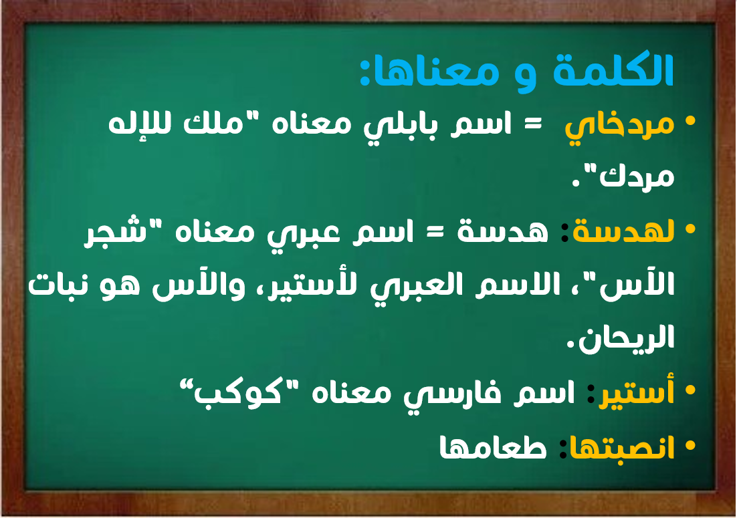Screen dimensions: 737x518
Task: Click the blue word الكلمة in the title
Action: click(x=614, y=70)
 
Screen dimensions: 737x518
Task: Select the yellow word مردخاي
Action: click(x=619, y=126)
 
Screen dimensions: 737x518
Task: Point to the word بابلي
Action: click(x=400, y=126)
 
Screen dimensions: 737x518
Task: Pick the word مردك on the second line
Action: click(x=637, y=176)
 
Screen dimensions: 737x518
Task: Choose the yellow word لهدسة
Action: click(x=623, y=231)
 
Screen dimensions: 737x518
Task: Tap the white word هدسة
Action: click(x=503, y=231)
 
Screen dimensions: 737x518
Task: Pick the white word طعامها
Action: click(x=493, y=447)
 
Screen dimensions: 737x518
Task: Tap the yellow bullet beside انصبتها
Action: click(x=690, y=444)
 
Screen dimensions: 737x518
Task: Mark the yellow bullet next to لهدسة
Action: click(x=690, y=229)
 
